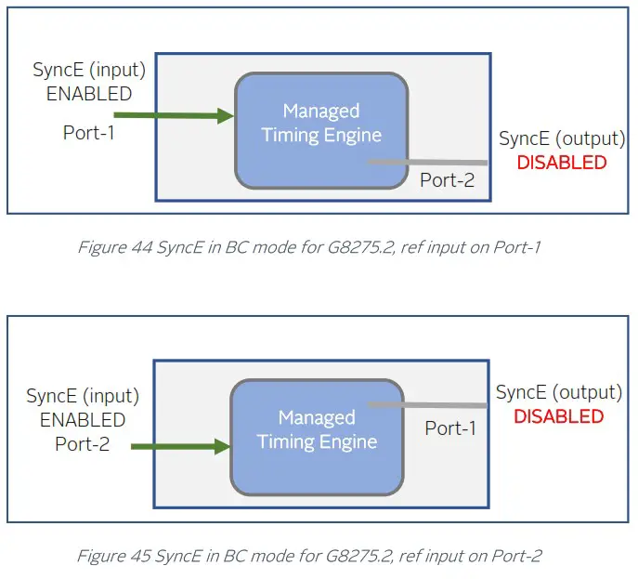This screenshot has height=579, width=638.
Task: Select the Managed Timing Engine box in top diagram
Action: tap(320, 129)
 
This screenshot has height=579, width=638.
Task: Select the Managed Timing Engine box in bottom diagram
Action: tap(317, 436)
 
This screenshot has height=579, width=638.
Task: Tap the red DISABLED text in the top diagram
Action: tap(561, 163)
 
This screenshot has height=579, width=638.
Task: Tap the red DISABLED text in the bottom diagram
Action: tap(558, 416)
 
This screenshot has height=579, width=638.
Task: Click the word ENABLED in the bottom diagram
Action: tap(83, 420)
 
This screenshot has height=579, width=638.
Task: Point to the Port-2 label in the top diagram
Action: tap(447, 180)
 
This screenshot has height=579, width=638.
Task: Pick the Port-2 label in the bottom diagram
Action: tap(82, 444)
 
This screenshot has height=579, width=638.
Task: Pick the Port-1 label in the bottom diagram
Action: tap(450, 428)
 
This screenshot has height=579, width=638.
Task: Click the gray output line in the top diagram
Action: tap(427, 163)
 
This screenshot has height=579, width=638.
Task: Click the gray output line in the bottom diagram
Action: tap(427, 405)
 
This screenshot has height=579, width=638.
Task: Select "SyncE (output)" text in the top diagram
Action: tap(562, 138)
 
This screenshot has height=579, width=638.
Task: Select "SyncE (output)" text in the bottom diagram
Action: tap(558, 392)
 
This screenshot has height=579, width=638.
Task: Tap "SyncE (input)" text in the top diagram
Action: tap(89, 70)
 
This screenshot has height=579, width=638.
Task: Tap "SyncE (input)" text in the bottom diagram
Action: tap(83, 396)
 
